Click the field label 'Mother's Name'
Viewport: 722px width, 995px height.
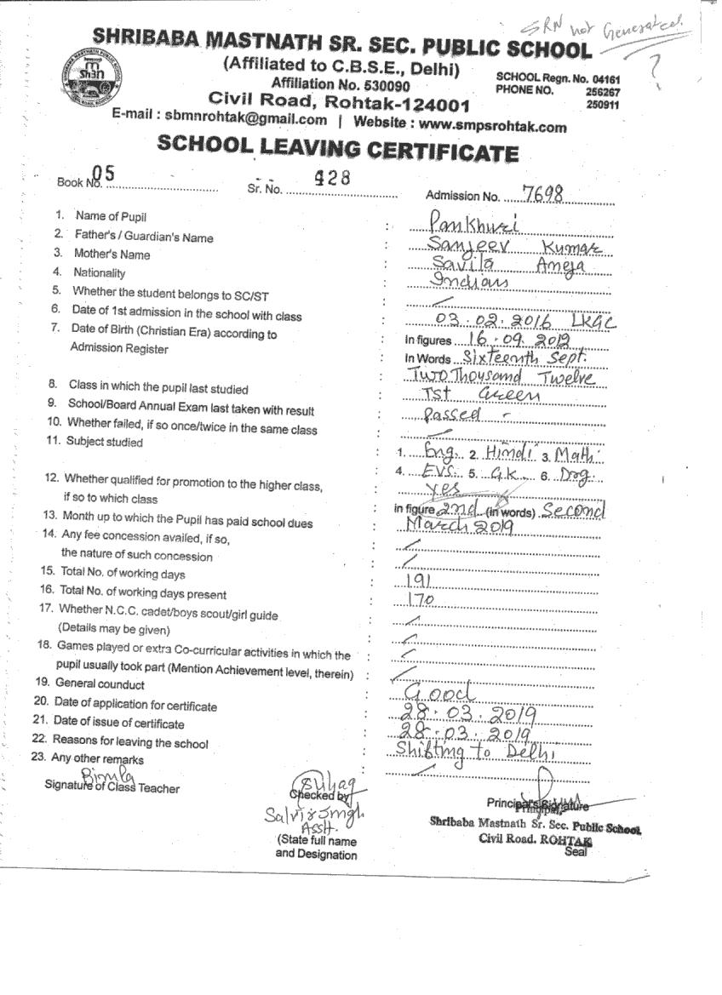[x=112, y=254]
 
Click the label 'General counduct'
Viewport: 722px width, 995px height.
[x=100, y=684]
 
